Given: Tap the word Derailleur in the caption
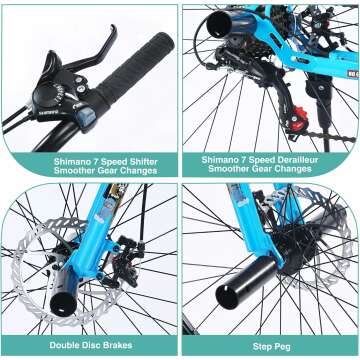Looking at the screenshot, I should click(299, 158).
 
